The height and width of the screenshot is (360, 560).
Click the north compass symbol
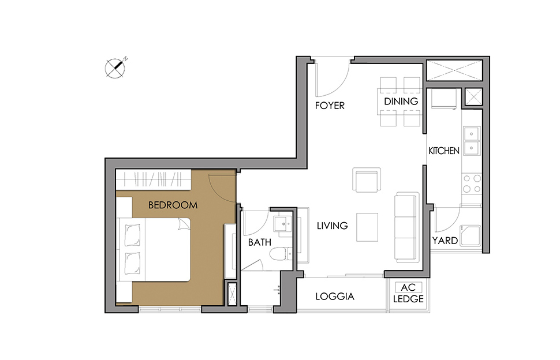point(115,68)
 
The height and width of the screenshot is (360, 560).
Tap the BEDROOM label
point(173,205)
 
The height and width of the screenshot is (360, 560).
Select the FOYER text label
point(330,106)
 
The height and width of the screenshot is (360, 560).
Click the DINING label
point(401,102)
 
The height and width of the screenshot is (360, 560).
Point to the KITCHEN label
point(444,151)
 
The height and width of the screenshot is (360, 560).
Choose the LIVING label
point(332,226)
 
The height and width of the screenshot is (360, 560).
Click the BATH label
point(260,242)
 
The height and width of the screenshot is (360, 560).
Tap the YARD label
point(445,241)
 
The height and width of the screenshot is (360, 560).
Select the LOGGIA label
point(335,297)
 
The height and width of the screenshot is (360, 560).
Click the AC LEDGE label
point(408,293)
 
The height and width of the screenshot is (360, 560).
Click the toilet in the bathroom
point(281,254)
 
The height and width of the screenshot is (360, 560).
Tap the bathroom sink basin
point(283,224)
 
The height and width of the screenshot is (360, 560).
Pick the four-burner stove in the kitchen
point(472,183)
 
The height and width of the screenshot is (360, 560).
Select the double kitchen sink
point(472,141)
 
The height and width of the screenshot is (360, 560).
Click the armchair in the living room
point(367,179)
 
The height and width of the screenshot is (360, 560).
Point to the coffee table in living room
point(367,227)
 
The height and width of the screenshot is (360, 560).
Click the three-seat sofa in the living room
point(407,227)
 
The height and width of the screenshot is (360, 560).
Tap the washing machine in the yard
point(471,235)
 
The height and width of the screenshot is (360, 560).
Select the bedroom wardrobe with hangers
point(154,179)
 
